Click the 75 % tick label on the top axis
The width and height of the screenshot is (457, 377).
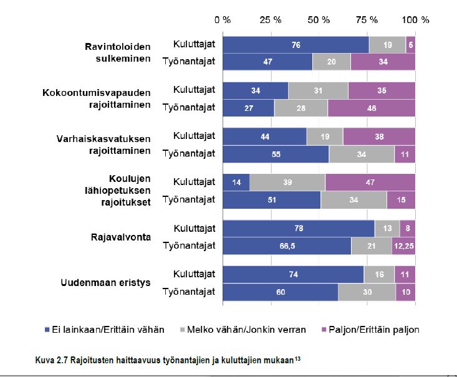368,19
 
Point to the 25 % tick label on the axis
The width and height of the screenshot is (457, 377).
271,19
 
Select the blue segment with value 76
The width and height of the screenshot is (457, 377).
296,45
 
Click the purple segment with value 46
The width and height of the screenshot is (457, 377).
371,107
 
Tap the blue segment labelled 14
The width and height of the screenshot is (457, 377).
236,182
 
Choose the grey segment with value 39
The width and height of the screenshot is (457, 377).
287,182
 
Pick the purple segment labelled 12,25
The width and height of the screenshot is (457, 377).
403,246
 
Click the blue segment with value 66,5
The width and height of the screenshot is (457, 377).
287,246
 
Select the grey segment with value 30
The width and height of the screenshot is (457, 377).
367,292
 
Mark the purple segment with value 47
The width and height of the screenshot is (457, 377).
370,182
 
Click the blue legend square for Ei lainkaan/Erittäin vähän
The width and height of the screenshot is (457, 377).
49,330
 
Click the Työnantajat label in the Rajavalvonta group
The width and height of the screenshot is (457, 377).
189,246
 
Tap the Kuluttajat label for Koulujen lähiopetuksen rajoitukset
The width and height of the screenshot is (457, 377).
194,182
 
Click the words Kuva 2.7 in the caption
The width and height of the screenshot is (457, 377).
51,360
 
